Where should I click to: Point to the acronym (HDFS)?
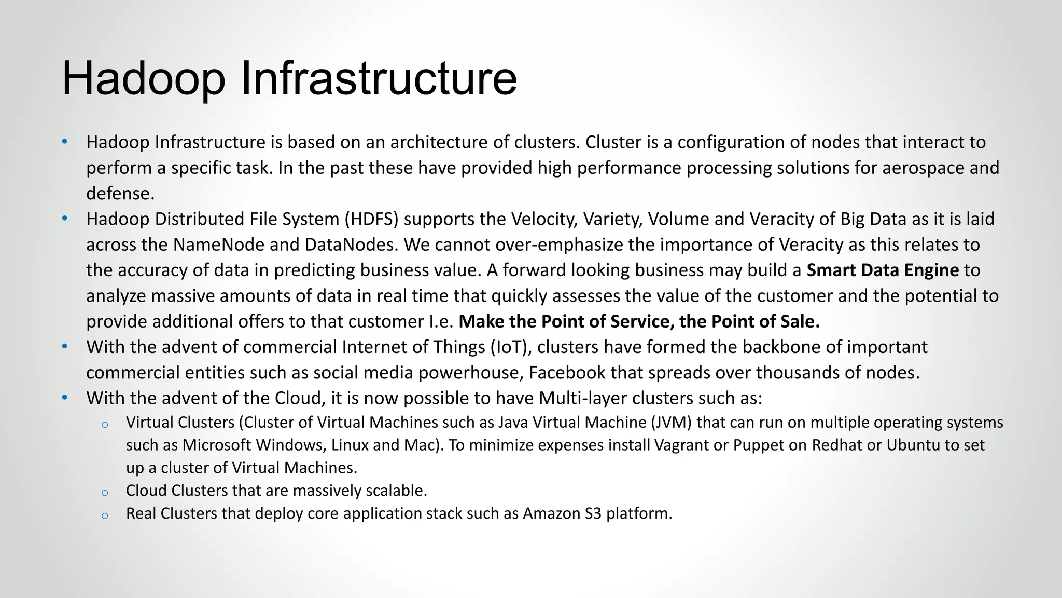click(x=371, y=219)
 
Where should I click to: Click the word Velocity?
click(x=544, y=219)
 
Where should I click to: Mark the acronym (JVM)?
click(x=671, y=423)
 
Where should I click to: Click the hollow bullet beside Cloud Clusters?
click(x=105, y=493)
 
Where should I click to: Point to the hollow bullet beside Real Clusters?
click(x=105, y=515)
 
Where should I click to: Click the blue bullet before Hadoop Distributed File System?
click(x=64, y=219)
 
